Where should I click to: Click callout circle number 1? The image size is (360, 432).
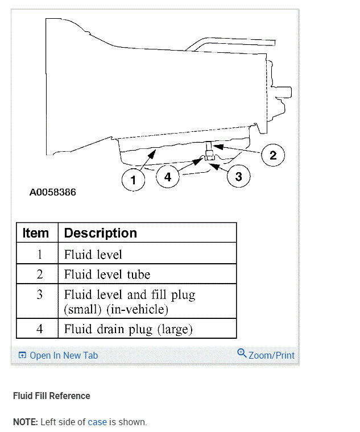[133, 180]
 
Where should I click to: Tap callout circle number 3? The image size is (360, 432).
[238, 177]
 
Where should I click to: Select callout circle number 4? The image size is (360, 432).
[167, 177]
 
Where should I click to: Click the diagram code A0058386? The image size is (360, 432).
[53, 192]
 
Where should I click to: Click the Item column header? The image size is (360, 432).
[36, 233]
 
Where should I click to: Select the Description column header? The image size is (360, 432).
[101, 233]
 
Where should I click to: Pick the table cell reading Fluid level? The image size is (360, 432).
[93, 254]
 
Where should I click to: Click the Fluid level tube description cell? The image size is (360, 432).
[107, 275]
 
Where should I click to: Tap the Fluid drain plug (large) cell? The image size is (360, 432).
[129, 329]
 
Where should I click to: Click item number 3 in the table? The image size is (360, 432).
[39, 296]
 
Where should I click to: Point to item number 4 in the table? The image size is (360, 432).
[39, 329]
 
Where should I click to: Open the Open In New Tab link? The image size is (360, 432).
[63, 356]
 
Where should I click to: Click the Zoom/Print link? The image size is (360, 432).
[271, 356]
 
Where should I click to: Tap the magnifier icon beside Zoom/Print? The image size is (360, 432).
[242, 354]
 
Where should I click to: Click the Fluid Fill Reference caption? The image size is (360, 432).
[52, 396]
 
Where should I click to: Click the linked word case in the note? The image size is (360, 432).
[97, 422]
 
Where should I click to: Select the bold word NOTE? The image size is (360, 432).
[24, 422]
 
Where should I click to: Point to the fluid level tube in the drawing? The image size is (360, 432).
[209, 150]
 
